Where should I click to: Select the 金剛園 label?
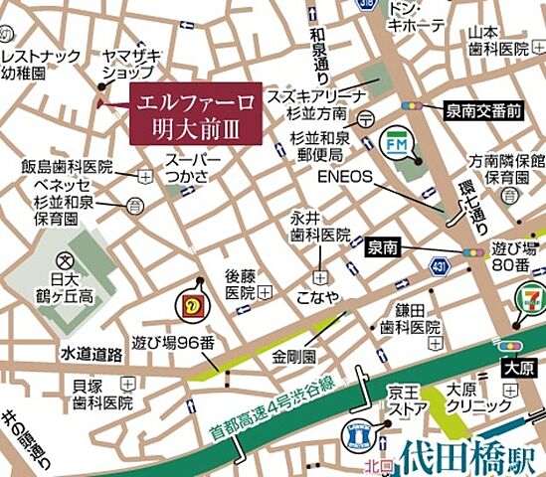pos(296,355)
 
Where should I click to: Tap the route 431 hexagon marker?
pos(439,265)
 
